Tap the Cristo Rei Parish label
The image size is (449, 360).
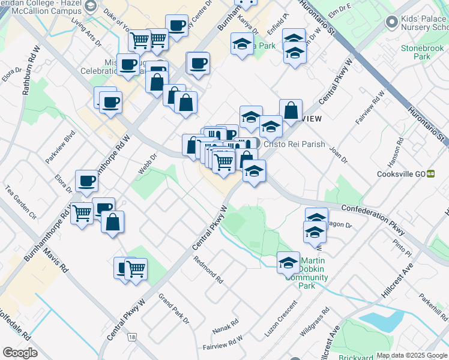pos(294,144)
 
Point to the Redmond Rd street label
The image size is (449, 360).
pos(208,271)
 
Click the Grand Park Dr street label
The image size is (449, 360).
pos(173,308)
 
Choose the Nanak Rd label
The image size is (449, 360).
pos(225,326)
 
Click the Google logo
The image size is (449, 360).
pos(20,353)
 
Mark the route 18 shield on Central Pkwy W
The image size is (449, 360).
pos(131,338)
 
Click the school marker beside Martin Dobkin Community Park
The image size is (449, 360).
pos(288,262)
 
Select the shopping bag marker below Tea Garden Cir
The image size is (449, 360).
pos(113,222)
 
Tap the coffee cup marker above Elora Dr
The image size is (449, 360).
pos(86,181)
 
